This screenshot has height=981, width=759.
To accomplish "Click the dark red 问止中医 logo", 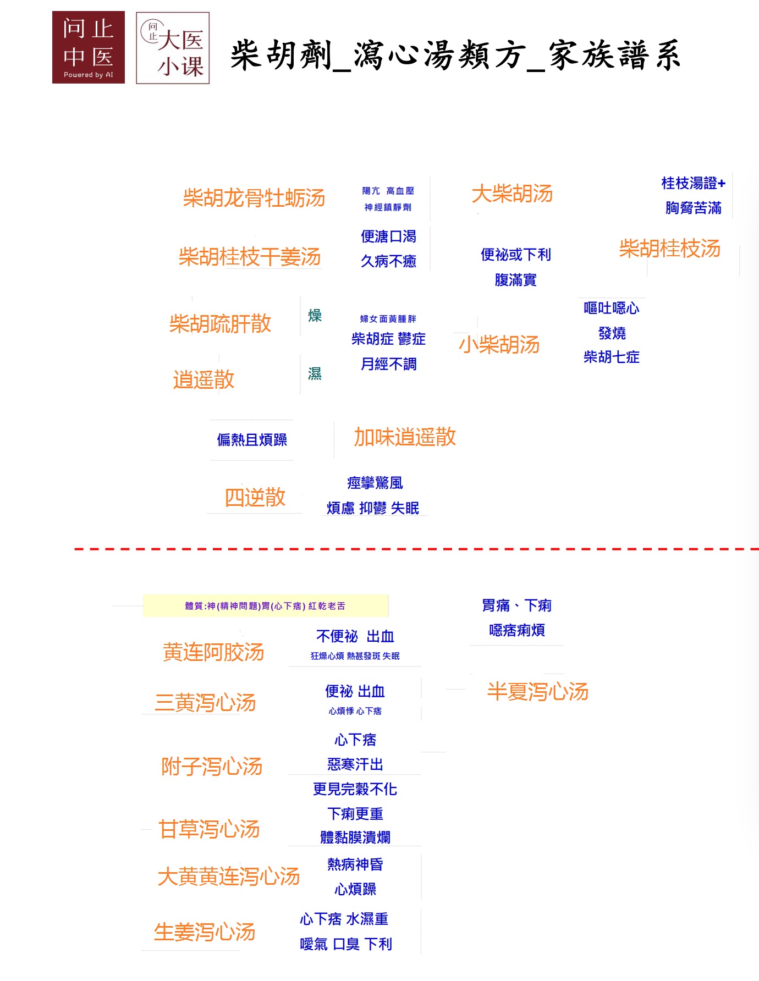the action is pos(89,47).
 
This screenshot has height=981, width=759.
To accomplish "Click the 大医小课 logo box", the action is pos(173,48).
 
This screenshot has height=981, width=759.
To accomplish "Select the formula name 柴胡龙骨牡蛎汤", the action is pos(254,198).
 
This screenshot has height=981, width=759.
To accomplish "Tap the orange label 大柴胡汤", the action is pos(512,194).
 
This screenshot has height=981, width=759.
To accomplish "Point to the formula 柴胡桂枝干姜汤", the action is pos(250,256).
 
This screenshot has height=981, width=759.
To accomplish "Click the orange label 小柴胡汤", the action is pos(499,345).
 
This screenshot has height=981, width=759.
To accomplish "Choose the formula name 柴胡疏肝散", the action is pos(220,323).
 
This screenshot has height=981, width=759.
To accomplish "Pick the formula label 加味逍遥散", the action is pos(405,437).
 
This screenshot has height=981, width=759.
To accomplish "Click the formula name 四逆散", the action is pos(255,497).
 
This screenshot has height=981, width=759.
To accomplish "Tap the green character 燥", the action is pos(315,316).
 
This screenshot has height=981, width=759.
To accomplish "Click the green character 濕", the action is pos(315,374).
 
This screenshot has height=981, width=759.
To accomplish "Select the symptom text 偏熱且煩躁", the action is pos(252,440).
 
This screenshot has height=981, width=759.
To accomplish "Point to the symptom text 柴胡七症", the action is pos(612,357).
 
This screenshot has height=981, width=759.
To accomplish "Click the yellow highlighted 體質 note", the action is pos(266,606).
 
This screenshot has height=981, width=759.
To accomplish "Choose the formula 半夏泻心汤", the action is pos(538,692).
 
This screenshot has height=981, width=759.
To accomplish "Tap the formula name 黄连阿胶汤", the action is pos(214,652).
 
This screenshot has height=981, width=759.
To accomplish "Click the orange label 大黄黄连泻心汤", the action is pos(229,877).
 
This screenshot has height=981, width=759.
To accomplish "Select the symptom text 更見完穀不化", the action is pos(355,790).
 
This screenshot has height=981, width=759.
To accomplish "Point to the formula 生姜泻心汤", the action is pos(205,932).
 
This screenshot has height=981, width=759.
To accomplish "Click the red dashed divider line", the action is pos(416,549).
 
